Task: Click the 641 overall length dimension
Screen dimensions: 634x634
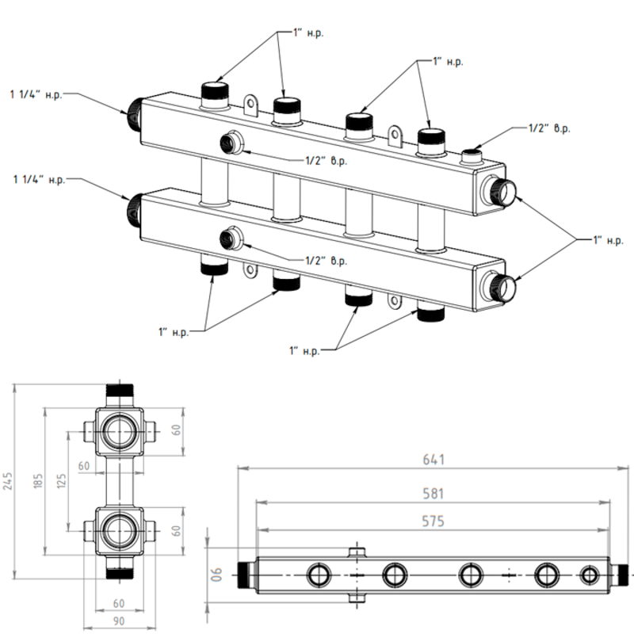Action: (433, 460)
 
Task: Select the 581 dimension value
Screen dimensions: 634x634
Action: (433, 494)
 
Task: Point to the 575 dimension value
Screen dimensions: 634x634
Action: (433, 521)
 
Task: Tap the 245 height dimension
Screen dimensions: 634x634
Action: (8, 481)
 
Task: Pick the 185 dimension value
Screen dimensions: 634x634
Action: (38, 481)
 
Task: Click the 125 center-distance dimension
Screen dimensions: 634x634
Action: (62, 481)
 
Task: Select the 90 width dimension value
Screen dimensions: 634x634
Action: (119, 621)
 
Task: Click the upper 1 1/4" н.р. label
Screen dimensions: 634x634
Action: (36, 95)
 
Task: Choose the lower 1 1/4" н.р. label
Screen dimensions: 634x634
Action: (39, 179)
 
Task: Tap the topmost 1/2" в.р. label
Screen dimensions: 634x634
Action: (549, 128)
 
